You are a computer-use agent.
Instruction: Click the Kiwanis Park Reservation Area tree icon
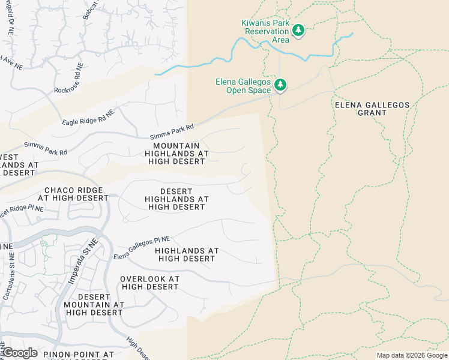click(x=298, y=29)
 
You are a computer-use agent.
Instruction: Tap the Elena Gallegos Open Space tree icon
click(x=280, y=84)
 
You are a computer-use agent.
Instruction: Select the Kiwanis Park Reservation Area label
click(x=265, y=31)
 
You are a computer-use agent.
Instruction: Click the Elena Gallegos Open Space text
click(x=244, y=86)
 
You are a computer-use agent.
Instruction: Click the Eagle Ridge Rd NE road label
click(x=88, y=118)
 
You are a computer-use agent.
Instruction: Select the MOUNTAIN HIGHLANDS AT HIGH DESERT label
click(x=176, y=154)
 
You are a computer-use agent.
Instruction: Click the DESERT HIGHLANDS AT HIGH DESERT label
click(x=176, y=199)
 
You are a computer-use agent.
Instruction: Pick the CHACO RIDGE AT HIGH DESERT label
click(x=73, y=194)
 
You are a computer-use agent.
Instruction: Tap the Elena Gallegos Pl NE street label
click(x=142, y=248)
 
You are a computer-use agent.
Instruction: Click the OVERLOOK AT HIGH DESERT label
click(x=149, y=283)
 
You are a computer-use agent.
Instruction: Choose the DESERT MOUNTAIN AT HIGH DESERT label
click(x=94, y=305)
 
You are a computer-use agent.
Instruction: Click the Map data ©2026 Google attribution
click(x=412, y=355)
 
